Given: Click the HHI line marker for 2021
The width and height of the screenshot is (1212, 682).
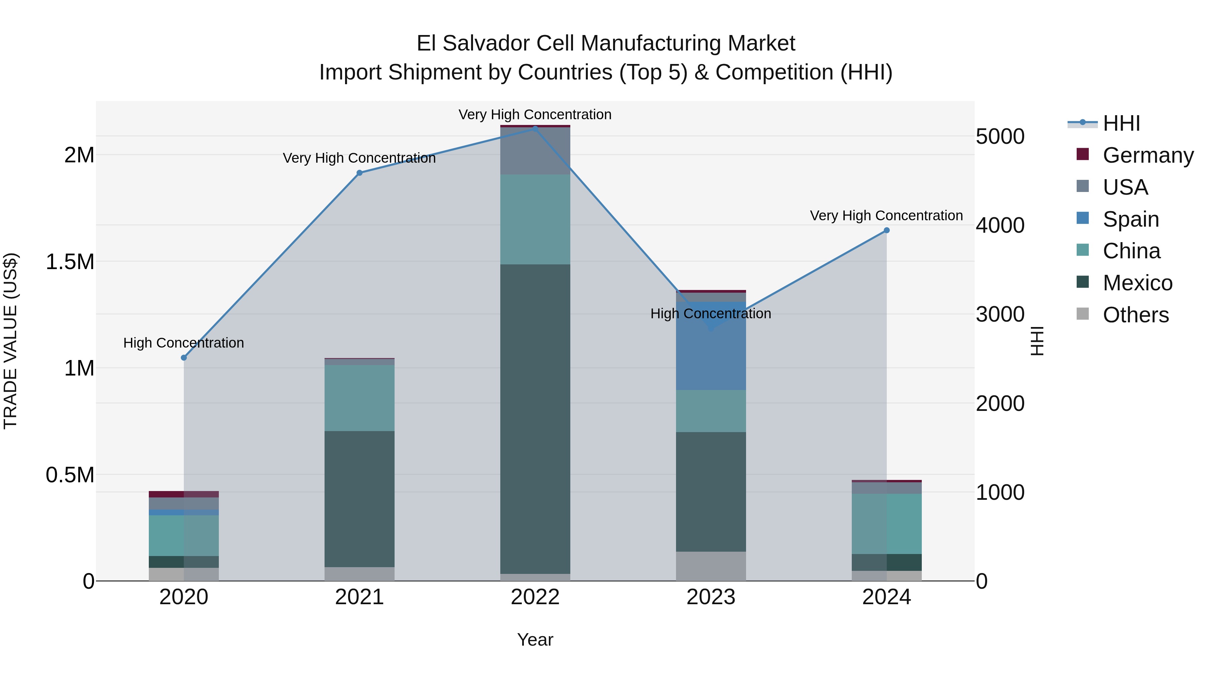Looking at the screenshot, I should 360,173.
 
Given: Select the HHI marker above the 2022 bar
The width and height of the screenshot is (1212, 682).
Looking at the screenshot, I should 535,129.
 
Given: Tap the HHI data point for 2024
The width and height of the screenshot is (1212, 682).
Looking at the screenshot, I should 886,230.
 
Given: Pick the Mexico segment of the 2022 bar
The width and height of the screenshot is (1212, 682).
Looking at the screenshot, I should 535,419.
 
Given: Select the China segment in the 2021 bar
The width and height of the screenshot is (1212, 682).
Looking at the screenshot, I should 360,398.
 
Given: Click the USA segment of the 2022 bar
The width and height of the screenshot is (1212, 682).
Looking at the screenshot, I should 535,151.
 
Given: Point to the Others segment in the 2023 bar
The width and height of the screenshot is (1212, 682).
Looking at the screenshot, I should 711,566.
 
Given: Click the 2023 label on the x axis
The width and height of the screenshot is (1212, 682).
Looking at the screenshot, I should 711,597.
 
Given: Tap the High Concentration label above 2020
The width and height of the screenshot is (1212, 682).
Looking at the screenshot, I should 183,343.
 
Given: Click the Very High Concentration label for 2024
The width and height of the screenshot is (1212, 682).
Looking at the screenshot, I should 886,216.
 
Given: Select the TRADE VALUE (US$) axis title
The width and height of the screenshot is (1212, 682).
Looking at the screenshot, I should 10,341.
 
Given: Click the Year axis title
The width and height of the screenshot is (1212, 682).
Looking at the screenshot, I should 535,640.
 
